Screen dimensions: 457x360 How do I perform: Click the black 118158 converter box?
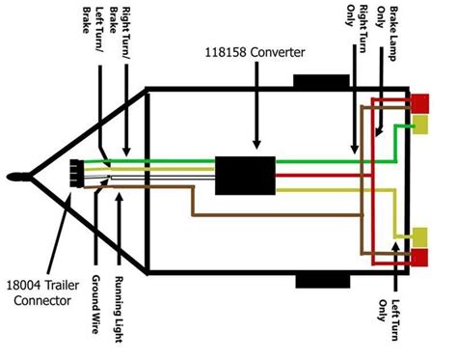click(245, 176)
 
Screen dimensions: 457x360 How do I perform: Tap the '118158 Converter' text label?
click(255, 52)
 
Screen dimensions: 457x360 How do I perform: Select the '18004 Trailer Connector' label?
click(42, 292)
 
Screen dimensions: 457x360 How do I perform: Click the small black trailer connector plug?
click(76, 174)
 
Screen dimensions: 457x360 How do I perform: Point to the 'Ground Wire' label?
click(95, 304)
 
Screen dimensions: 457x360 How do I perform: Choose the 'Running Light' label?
click(120, 309)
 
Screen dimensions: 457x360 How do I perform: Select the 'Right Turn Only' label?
click(357, 28)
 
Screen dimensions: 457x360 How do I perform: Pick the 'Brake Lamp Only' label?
click(387, 33)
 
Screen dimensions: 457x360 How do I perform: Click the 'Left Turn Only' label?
click(389, 319)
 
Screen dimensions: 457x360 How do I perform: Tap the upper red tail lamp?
click(420, 103)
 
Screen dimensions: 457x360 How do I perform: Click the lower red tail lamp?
click(419, 258)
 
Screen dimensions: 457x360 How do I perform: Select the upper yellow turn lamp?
click(420, 125)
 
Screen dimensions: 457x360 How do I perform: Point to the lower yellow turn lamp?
click(420, 236)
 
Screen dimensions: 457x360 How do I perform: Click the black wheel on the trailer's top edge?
click(321, 81)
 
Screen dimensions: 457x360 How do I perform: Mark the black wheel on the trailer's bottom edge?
click(323, 281)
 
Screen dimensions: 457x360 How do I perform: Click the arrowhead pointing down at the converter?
click(256, 145)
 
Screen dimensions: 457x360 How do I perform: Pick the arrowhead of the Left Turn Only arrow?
click(395, 246)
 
